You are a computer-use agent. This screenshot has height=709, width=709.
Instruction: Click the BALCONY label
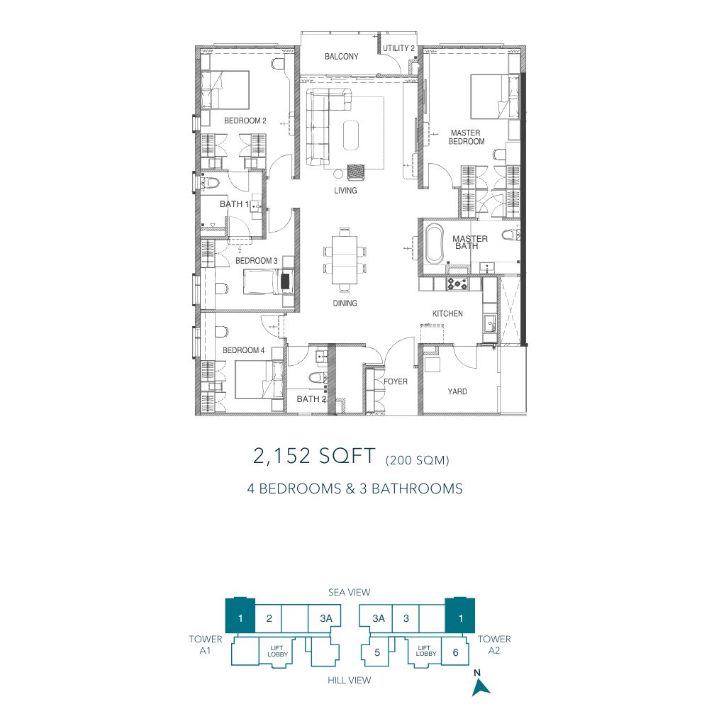[342, 57]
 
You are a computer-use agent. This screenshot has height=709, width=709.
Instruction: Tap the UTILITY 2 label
[398, 48]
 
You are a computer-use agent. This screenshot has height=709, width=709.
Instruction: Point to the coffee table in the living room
[351, 135]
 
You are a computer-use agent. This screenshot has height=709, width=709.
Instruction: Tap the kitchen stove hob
[457, 284]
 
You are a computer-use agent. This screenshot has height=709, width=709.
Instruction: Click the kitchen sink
[490, 324]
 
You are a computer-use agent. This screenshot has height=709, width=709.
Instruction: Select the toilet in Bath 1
[211, 183]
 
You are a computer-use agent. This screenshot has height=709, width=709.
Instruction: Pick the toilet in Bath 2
[318, 377]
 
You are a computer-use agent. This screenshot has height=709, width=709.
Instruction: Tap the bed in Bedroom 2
[225, 89]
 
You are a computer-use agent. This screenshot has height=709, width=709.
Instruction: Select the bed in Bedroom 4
[259, 380]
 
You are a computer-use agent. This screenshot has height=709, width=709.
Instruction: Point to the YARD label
[457, 391]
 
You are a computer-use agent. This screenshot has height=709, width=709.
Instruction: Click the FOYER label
[396, 381]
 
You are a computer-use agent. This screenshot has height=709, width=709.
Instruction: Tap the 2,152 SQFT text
[314, 456]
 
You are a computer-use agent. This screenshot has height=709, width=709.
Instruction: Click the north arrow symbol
[480, 687]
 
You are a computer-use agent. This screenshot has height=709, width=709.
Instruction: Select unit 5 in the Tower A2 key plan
[377, 652]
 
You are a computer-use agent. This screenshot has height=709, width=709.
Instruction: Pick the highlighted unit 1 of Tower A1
[240, 615]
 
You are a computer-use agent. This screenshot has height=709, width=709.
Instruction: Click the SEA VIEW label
[349, 592]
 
